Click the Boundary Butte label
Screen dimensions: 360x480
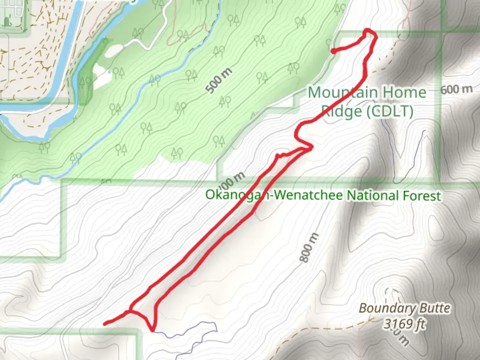pyautogui.click(x=404, y=308)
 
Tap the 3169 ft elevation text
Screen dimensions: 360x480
pyautogui.click(x=404, y=323)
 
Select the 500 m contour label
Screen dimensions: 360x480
pyautogui.click(x=218, y=80)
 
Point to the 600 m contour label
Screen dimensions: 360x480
pyautogui.click(x=456, y=89)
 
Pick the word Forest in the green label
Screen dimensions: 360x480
pyautogui.click(x=422, y=196)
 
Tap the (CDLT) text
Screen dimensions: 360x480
pyautogui.click(x=390, y=111)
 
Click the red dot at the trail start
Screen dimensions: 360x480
pyautogui.click(x=333, y=51)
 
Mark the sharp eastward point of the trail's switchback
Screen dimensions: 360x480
pyautogui.click(x=312, y=147)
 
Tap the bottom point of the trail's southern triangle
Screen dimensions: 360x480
pyautogui.click(x=153, y=330)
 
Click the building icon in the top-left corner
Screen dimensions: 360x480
pyautogui.click(x=7, y=22)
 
